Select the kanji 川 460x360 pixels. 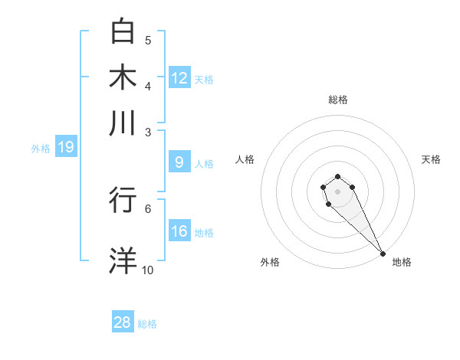click(123, 123)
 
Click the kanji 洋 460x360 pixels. click(123, 260)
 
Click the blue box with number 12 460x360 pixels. click(179, 78)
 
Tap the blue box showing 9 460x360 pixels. click(179, 162)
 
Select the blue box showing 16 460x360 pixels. click(179, 232)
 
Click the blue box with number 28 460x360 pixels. click(123, 322)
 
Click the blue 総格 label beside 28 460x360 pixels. click(147, 324)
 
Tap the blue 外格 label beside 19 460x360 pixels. click(41, 149)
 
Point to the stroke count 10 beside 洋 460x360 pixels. click(147, 270)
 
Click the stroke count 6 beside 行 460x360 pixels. click(147, 208)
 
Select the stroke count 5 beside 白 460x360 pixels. click(148, 40)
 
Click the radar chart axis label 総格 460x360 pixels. click(337, 100)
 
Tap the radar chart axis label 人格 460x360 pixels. click(245, 159)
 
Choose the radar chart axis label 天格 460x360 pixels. click(431, 159)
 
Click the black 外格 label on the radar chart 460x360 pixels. click(270, 262)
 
